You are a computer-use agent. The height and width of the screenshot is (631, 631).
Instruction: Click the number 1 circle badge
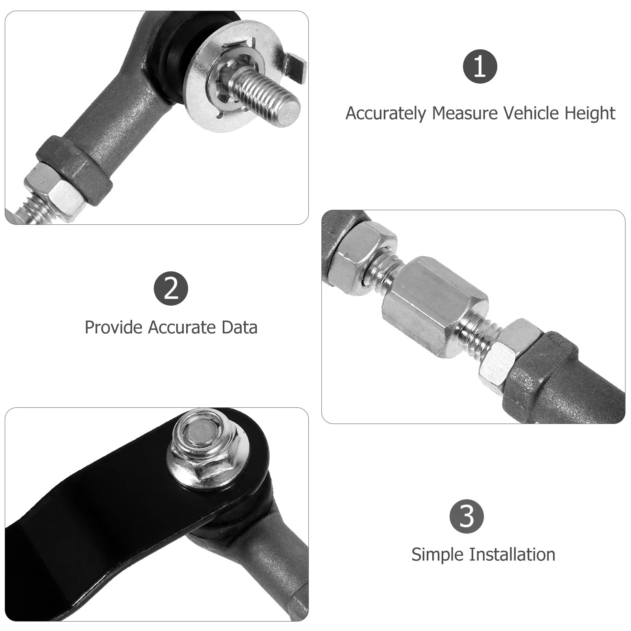coord(480,66)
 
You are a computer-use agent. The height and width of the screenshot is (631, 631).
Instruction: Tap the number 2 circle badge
coord(171,288)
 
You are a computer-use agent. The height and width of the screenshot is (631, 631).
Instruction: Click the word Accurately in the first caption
coord(386,114)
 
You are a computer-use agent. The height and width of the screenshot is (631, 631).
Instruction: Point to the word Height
coord(590,114)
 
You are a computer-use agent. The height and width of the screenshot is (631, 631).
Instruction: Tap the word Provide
coord(114,327)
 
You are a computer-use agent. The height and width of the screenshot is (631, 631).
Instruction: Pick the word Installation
coord(512,554)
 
